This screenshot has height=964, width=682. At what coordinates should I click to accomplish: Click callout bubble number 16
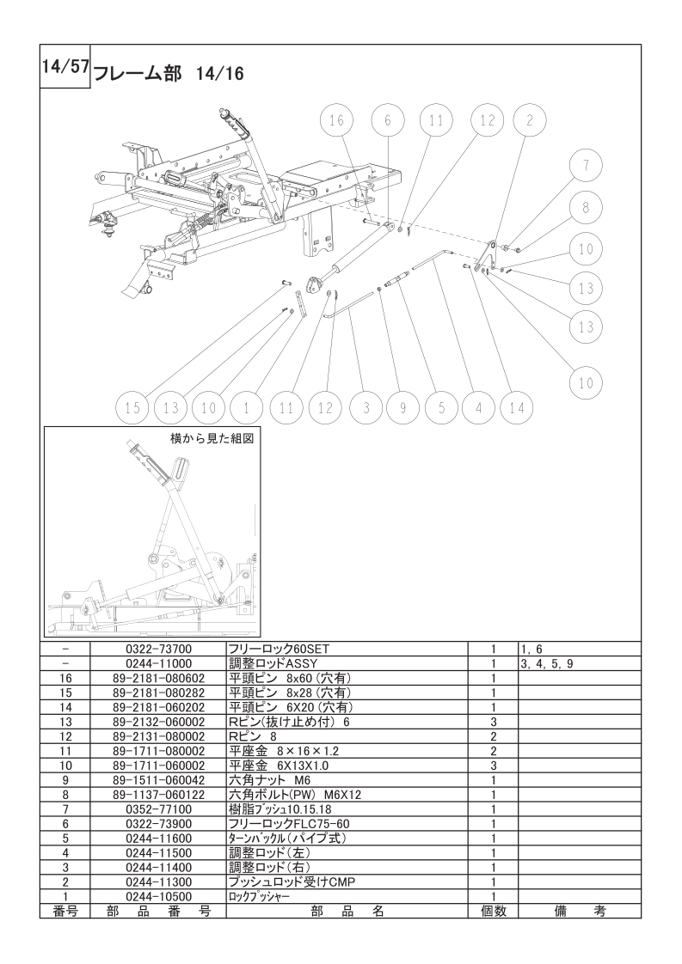coord(336,120)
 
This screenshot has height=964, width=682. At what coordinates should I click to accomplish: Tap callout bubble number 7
coord(586,165)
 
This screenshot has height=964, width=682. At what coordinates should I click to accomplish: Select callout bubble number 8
coord(586,207)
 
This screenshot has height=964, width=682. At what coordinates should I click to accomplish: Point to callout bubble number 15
coord(133,407)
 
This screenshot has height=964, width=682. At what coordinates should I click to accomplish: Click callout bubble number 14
coord(516,407)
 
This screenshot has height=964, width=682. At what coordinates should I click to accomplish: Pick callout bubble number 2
coord(530,120)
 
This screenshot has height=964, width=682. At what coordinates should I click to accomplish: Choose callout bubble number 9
coord(402,407)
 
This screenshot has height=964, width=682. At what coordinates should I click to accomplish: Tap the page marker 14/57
coord(65,66)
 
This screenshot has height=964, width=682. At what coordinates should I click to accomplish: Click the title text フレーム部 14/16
coord(168,74)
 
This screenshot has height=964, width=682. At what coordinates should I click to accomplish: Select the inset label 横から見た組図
coord(211,438)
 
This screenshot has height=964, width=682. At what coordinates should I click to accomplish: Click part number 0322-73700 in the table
coord(159,649)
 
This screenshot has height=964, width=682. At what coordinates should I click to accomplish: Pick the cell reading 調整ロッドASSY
coord(272,663)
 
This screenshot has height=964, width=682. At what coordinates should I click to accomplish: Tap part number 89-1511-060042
coord(159,780)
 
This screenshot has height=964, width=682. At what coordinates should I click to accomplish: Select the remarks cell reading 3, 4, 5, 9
coord(547,664)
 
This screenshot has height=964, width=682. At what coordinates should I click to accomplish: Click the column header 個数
coord(493,911)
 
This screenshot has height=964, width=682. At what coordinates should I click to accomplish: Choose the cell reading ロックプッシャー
coord(259,897)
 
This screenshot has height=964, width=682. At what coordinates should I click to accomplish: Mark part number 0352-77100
coord(159,809)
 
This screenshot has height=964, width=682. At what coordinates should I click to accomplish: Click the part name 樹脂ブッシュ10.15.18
coord(280,809)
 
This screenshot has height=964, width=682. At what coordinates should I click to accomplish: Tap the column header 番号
coord(65,911)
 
